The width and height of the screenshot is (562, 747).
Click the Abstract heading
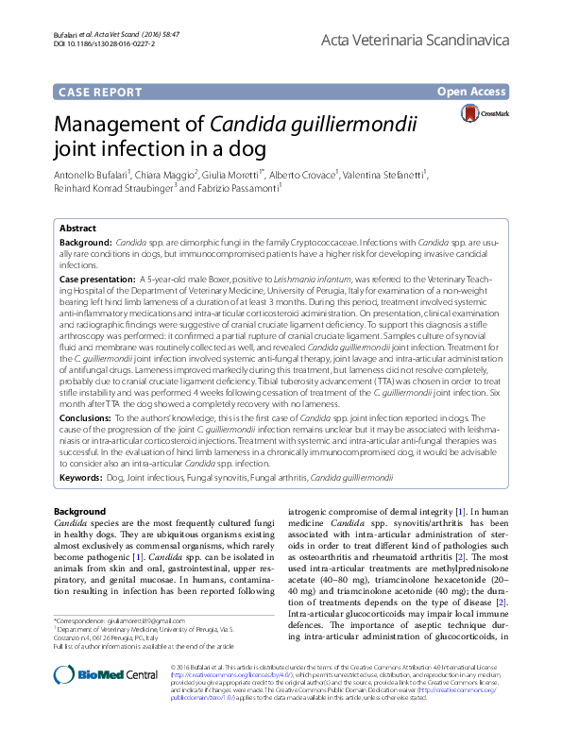click(x=77, y=229)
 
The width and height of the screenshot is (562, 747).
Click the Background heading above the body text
click(x=79, y=511)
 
